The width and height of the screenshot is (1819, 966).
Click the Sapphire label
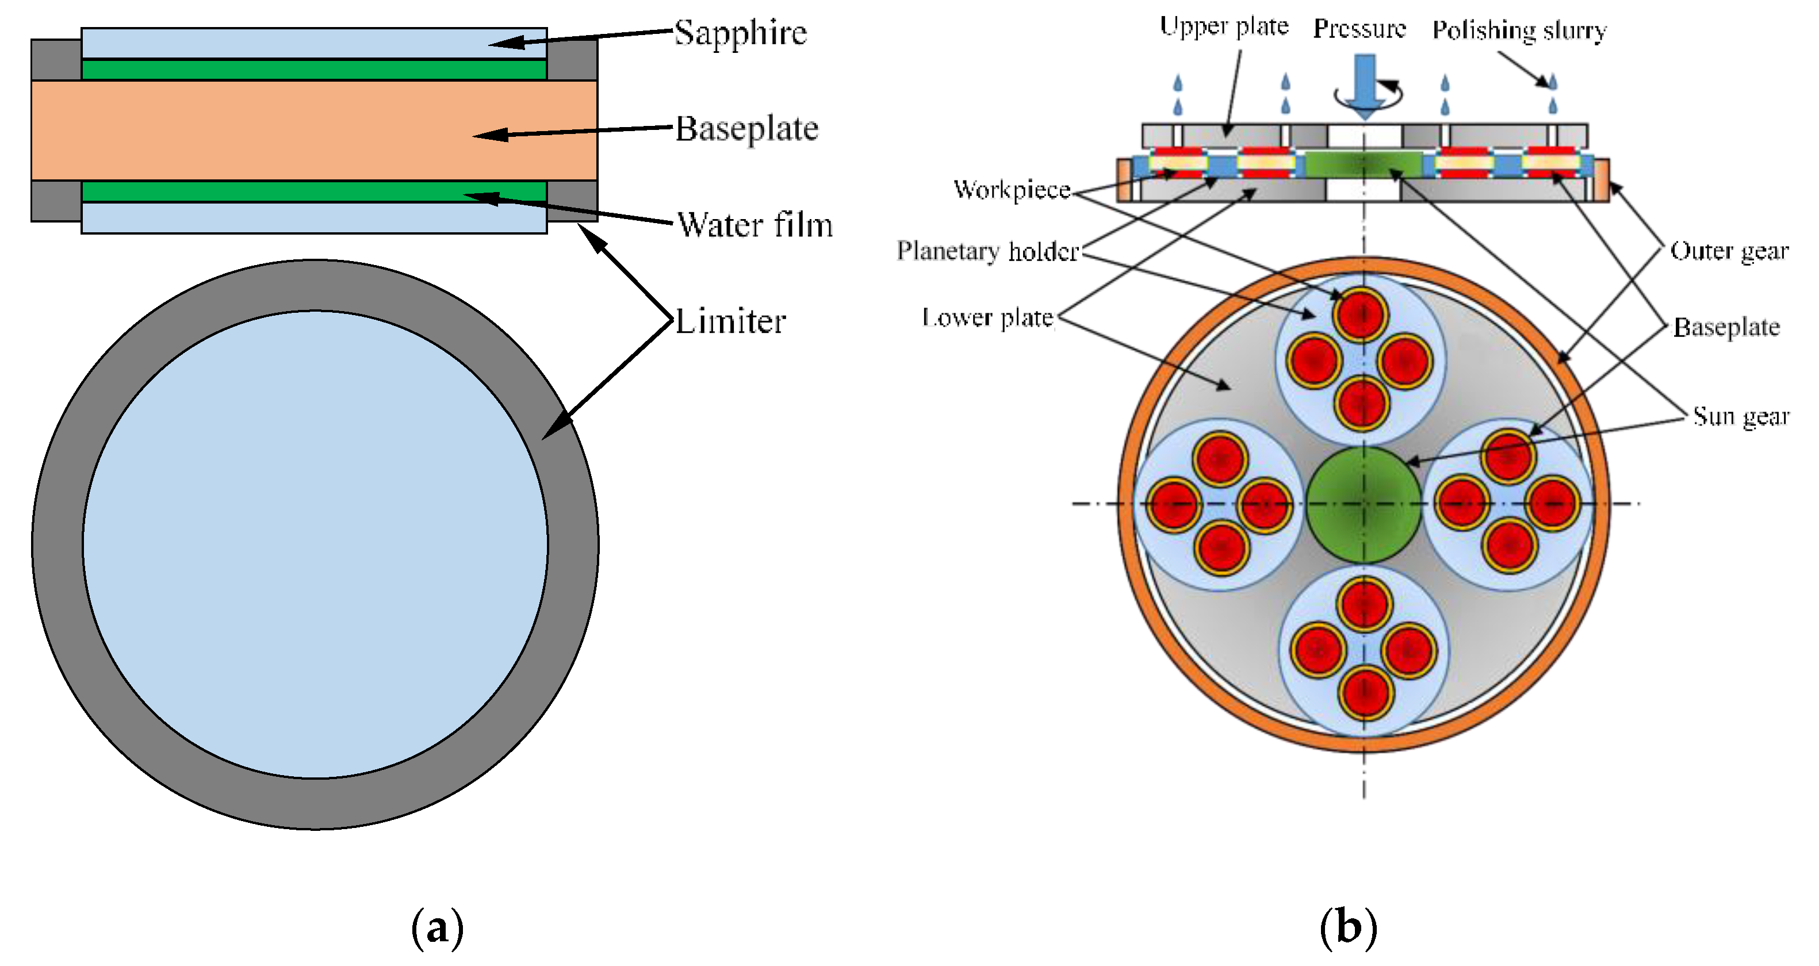pyautogui.click(x=740, y=32)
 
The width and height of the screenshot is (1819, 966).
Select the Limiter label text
pyautogui.click(x=730, y=321)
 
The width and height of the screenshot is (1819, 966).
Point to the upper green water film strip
pyautogui.click(x=314, y=69)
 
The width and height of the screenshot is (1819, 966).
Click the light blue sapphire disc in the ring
pyautogui.click(x=315, y=545)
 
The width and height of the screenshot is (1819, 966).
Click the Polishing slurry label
pyautogui.click(x=1519, y=30)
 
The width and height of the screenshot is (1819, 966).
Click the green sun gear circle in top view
pyautogui.click(x=1364, y=504)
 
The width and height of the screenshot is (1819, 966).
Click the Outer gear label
pyautogui.click(x=1729, y=251)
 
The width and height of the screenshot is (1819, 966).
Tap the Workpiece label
pyautogui.click(x=1011, y=189)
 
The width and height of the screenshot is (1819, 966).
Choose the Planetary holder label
pyautogui.click(x=987, y=251)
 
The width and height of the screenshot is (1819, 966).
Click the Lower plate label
pyautogui.click(x=987, y=318)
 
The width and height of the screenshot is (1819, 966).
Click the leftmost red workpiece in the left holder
pyautogui.click(x=1174, y=504)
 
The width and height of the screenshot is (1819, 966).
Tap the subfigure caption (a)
pyautogui.click(x=437, y=927)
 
